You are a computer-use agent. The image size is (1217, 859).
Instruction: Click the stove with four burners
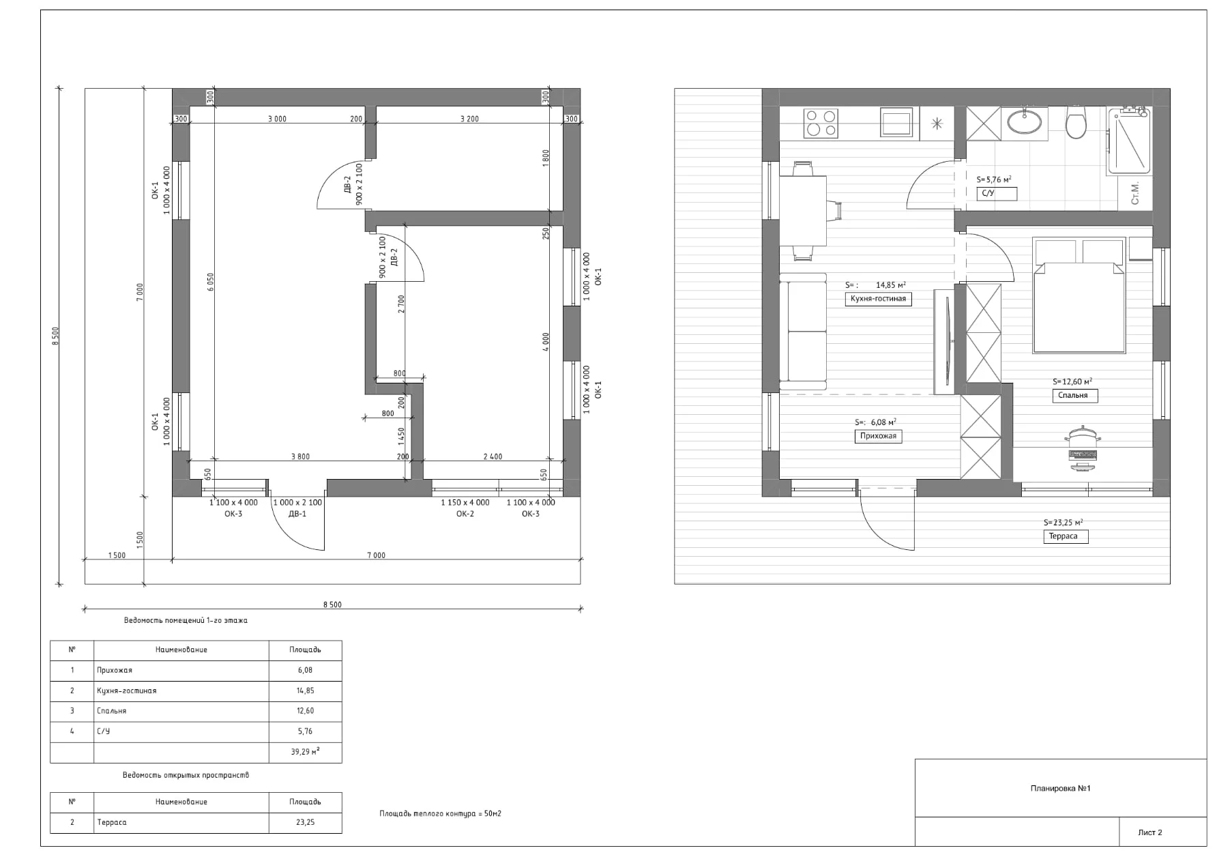(821, 123)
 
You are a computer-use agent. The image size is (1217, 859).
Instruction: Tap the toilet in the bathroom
(1076, 122)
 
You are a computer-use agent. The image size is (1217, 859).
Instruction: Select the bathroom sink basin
(1025, 122)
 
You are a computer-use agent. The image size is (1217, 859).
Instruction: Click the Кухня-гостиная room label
(878, 299)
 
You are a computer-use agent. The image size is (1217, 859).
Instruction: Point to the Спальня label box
(1074, 396)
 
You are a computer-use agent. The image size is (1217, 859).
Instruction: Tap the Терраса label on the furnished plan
(1064, 536)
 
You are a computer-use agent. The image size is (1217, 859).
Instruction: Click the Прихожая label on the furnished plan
(878, 436)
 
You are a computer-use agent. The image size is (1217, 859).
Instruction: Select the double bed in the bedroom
(1079, 300)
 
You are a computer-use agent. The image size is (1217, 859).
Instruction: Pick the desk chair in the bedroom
(1082, 447)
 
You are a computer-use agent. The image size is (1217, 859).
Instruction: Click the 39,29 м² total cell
(305, 752)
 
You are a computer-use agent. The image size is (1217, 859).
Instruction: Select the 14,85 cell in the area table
(305, 690)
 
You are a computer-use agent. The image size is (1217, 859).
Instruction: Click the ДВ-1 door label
(297, 514)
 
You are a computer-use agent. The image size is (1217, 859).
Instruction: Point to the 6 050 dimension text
(211, 282)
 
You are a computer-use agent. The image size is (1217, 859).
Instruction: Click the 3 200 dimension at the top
(469, 119)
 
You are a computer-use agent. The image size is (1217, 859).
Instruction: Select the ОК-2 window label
(465, 514)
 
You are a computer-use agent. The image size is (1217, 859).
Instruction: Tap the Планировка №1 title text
(1060, 789)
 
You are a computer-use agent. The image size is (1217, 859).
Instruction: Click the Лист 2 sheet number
(1149, 832)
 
